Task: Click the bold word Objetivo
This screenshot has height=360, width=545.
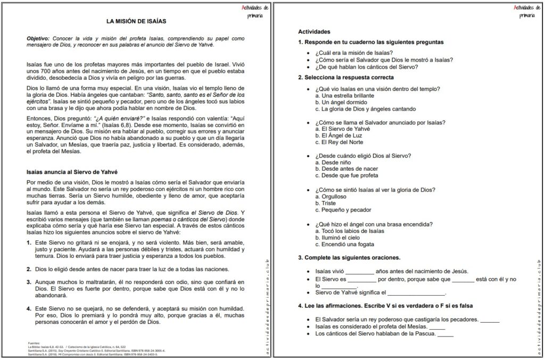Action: coord(38,39)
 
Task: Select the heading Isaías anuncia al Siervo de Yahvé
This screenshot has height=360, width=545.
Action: coord(72,172)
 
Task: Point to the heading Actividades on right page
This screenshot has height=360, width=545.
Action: coord(314,32)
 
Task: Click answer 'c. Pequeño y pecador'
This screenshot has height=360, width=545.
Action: coord(343,210)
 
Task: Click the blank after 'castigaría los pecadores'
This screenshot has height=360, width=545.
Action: coord(490,320)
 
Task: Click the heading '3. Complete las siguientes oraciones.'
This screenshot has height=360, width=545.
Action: coord(349,258)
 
